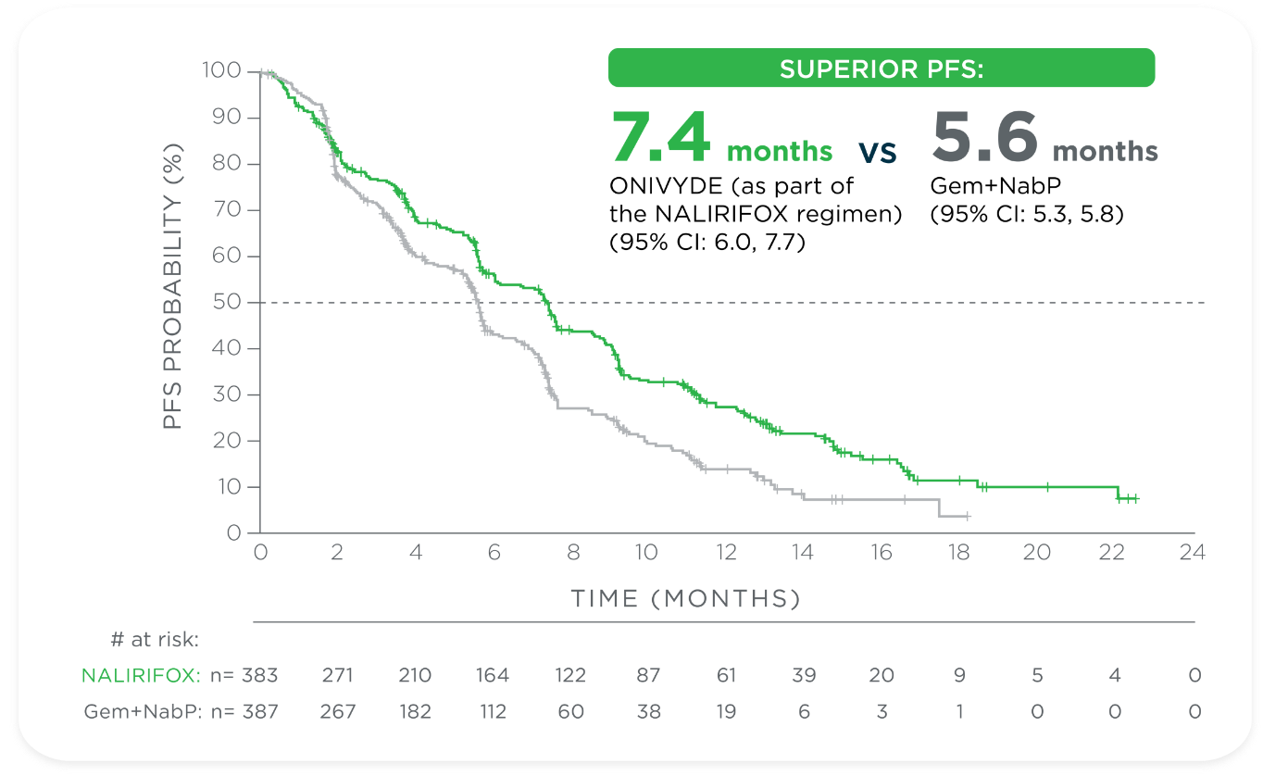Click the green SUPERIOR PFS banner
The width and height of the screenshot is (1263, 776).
tap(881, 69)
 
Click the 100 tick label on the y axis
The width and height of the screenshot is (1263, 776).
tap(222, 71)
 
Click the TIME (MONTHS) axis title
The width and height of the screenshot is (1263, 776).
tap(685, 599)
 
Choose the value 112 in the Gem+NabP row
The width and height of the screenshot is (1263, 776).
tap(493, 711)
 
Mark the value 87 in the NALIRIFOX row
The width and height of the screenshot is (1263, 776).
tap(648, 676)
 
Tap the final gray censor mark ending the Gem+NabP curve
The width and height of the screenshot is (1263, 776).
tap(967, 516)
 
